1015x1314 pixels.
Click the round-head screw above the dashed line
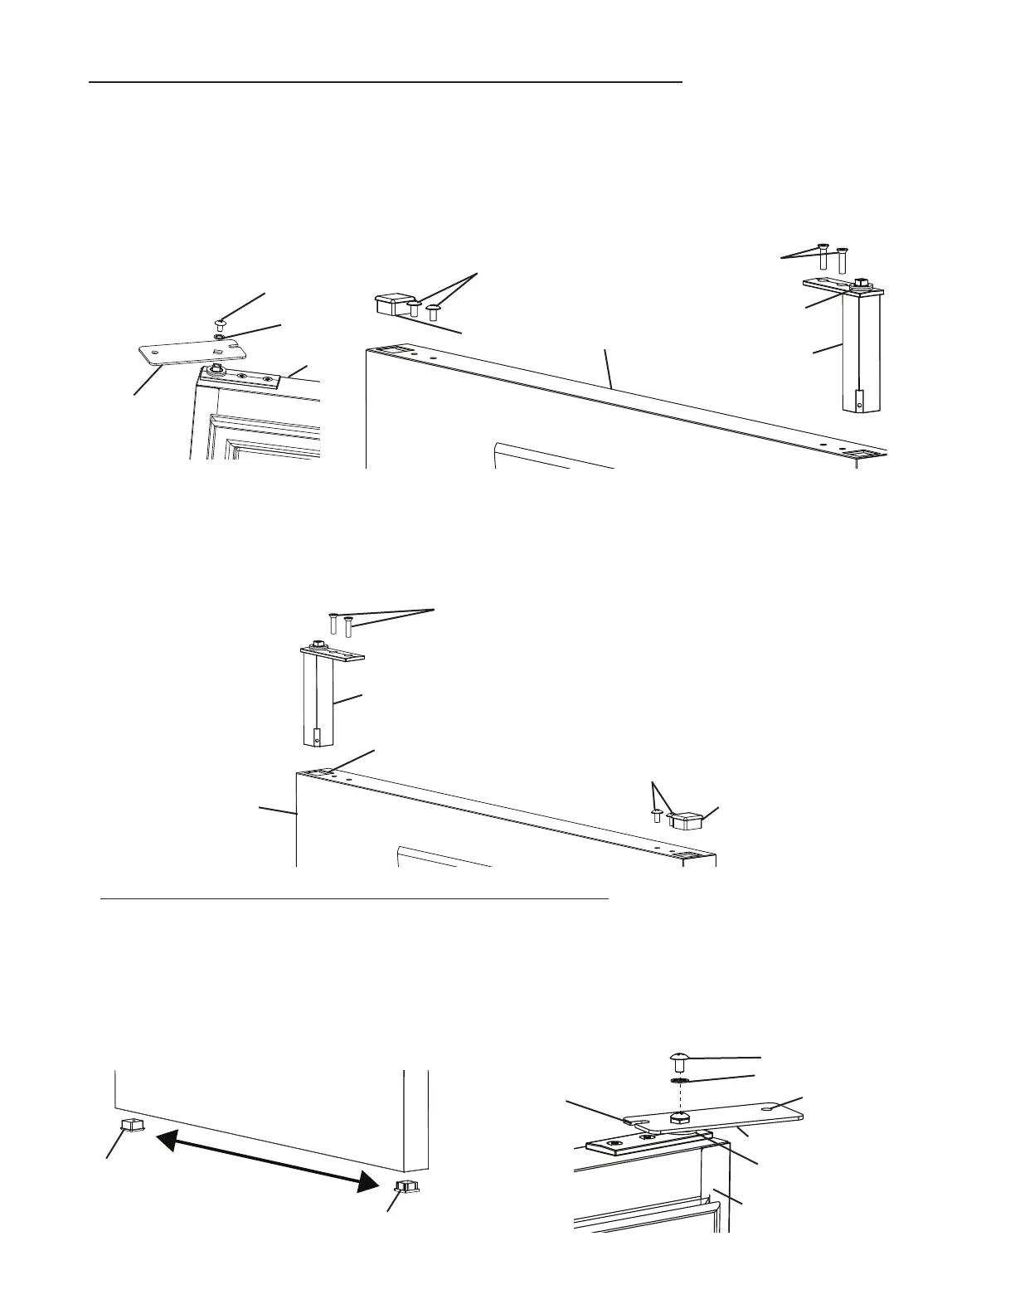click(x=677, y=1059)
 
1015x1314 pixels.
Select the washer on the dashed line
click(x=677, y=1081)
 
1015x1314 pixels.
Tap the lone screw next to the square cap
click(x=657, y=815)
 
